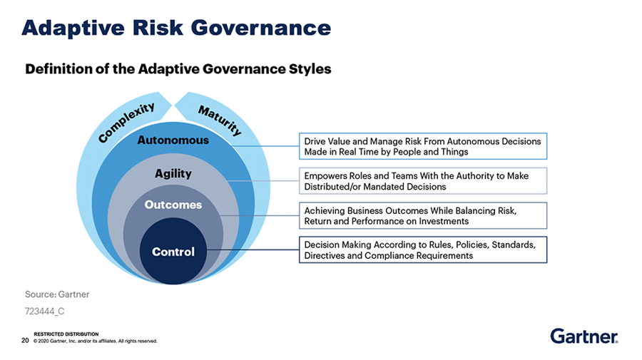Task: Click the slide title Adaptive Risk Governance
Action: pyautogui.click(x=176, y=28)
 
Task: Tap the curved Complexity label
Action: pyautogui.click(x=127, y=122)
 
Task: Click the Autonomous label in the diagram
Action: pyautogui.click(x=173, y=140)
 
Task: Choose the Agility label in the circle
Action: pyautogui.click(x=173, y=173)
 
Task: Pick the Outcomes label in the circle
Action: pyautogui.click(x=173, y=205)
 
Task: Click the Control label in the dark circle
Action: pyautogui.click(x=173, y=252)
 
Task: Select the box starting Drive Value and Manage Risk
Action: pyautogui.click(x=422, y=146)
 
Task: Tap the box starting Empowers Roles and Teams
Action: pyautogui.click(x=422, y=181)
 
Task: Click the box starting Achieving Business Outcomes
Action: pyautogui.click(x=422, y=215)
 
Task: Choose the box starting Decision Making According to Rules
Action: pyautogui.click(x=422, y=250)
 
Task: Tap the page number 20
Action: pyautogui.click(x=25, y=340)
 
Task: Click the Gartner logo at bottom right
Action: pyautogui.click(x=584, y=335)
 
